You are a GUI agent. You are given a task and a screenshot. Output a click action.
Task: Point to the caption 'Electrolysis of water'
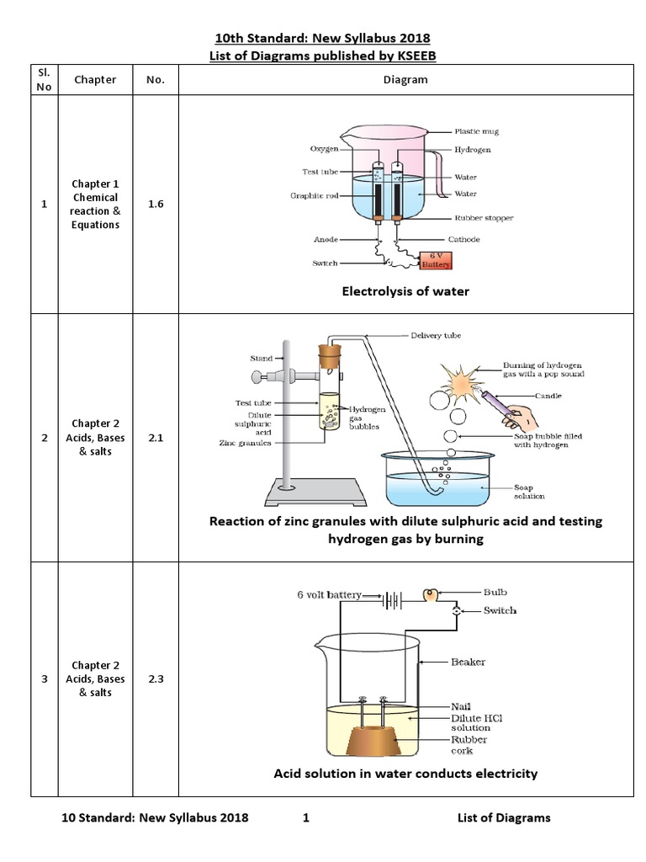405,291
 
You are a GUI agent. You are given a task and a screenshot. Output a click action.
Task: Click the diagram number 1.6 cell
156,204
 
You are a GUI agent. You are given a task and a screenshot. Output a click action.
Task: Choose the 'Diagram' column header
405,80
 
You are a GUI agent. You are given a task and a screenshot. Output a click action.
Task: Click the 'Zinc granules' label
244,441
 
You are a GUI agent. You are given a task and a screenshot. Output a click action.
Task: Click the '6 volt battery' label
329,594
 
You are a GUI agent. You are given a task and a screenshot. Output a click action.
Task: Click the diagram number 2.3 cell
156,678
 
